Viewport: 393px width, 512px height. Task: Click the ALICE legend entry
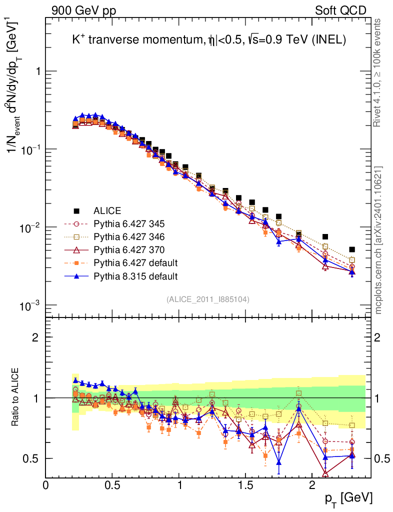pos(107,210)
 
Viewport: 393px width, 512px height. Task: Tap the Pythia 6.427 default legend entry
pos(135,262)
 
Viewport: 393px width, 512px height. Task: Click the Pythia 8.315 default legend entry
pos(135,275)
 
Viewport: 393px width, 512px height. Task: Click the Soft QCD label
pos(340,10)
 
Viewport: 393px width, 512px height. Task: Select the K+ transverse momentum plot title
pos(209,41)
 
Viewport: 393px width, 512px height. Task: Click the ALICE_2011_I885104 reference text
pos(208,299)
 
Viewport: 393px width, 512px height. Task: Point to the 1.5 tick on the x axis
pos(245,484)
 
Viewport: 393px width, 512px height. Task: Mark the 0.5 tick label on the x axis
pos(112,484)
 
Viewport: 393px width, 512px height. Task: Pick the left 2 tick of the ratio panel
pos(35,337)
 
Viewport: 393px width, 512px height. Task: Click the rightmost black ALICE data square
pos(352,249)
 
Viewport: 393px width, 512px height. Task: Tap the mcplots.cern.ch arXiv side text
pos(378,241)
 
